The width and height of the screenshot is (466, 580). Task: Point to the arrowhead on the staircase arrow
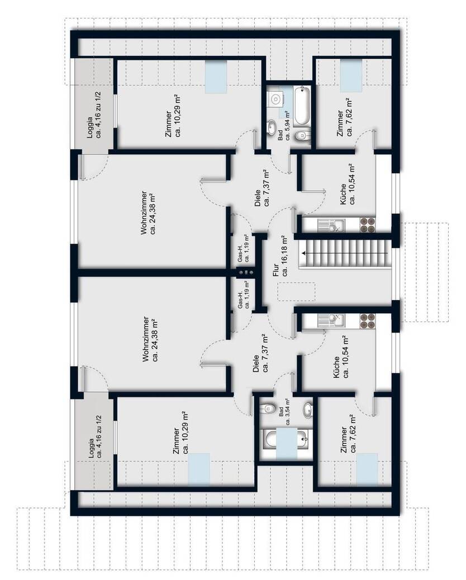pyautogui.click(x=303, y=253)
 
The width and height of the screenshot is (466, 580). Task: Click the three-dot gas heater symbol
pyautogui.click(x=245, y=272)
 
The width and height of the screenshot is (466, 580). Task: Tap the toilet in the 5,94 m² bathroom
pyautogui.click(x=302, y=135)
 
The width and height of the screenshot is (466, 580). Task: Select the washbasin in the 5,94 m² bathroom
pyautogui.click(x=273, y=125)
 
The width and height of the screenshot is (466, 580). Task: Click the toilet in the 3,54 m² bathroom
pyautogui.click(x=269, y=406)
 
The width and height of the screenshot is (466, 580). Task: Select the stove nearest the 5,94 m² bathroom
pyautogui.click(x=367, y=225)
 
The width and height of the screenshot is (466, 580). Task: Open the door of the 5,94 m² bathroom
pyautogui.click(x=291, y=162)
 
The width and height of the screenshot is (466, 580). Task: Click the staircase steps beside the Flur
pyautogui.click(x=346, y=253)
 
